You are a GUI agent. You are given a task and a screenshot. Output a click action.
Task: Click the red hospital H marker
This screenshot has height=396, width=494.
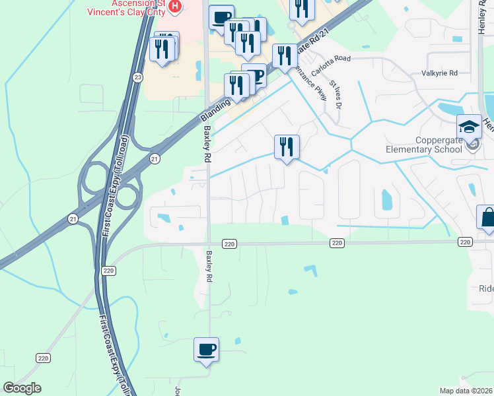click(175, 7)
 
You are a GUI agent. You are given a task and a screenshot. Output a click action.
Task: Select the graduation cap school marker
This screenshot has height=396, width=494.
click(470, 127)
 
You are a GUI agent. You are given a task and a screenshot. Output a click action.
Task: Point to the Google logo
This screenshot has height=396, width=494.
click(22, 388)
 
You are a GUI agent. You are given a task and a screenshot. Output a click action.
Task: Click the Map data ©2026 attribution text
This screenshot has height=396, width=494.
click(466, 390)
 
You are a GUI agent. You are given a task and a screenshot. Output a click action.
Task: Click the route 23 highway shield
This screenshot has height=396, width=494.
click(137, 77)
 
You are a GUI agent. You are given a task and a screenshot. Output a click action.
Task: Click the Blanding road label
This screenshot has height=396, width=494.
click(215, 110)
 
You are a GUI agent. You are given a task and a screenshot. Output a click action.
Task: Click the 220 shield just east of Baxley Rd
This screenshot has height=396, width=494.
click(229, 244)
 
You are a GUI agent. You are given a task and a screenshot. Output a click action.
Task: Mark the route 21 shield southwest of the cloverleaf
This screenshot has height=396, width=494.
click(69, 218)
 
